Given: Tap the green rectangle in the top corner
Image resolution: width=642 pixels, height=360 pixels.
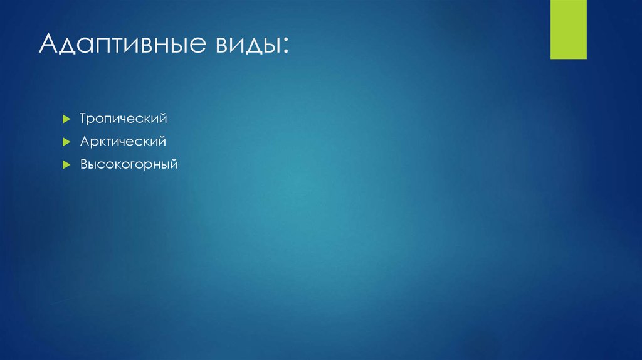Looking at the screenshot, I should point(568,29).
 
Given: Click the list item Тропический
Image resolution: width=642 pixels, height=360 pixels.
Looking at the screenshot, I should point(123,119).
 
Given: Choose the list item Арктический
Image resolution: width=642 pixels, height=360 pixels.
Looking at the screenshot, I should point(123,142).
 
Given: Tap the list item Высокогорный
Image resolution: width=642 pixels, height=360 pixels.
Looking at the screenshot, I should point(129,165).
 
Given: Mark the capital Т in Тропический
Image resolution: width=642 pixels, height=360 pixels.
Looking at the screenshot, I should point(83,118).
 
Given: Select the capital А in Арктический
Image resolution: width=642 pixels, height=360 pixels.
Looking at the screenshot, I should point(84,142).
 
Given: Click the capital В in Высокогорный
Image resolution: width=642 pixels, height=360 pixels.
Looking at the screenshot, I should point(84,165).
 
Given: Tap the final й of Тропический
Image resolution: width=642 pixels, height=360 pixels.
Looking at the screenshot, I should point(162,118).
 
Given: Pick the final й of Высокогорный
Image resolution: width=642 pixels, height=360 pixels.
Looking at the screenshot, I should point(175,165).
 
